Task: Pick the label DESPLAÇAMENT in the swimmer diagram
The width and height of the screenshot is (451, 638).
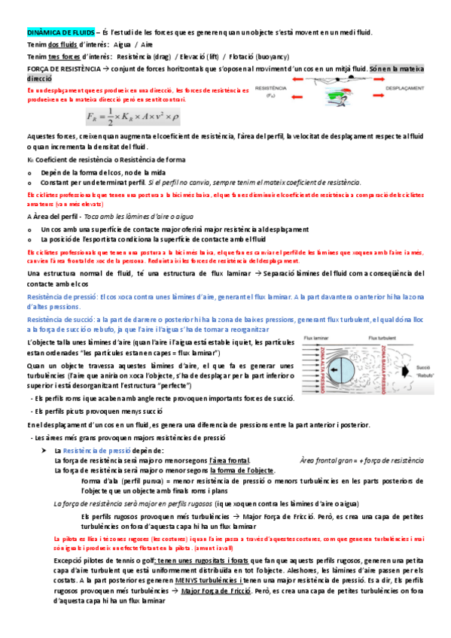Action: (403, 88)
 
